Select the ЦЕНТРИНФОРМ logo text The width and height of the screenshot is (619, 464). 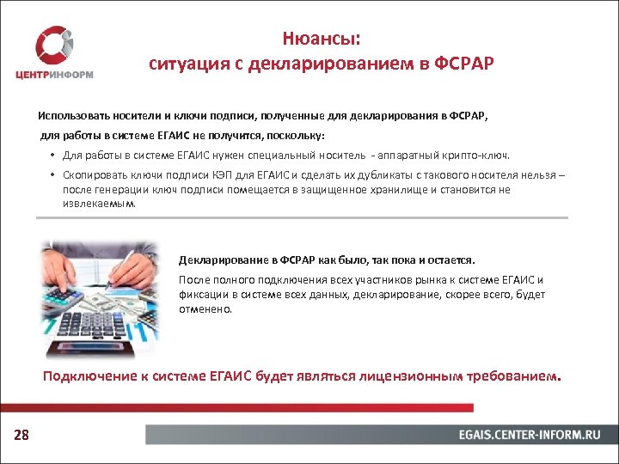pos(54,75)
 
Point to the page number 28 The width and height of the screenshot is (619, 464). pos(21,436)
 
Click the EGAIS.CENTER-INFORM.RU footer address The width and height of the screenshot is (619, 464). pos(529,435)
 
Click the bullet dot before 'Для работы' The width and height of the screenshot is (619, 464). pos(52,156)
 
